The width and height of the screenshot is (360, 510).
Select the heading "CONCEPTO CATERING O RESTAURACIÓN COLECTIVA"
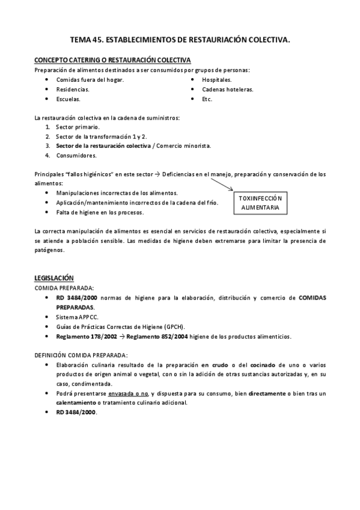click(x=113, y=60)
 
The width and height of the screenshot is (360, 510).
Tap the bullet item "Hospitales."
click(x=217, y=79)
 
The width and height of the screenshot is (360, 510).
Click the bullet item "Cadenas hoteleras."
click(x=228, y=89)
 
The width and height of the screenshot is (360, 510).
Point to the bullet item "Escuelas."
click(x=68, y=99)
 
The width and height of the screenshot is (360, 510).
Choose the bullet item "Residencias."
click(x=72, y=89)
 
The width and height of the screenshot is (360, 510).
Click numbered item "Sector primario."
click(x=78, y=127)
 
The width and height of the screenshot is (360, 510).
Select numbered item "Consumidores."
click(x=76, y=155)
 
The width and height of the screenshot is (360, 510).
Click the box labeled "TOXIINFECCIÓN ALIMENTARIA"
click(x=260, y=202)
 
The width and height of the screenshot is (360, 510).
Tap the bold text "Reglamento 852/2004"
click(x=155, y=336)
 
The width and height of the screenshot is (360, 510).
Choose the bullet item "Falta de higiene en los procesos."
click(x=100, y=212)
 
